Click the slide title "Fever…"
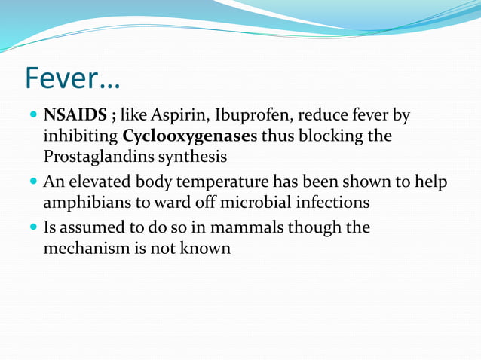click(72, 78)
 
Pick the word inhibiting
click(81, 136)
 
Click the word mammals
click(256, 227)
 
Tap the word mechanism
click(87, 247)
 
